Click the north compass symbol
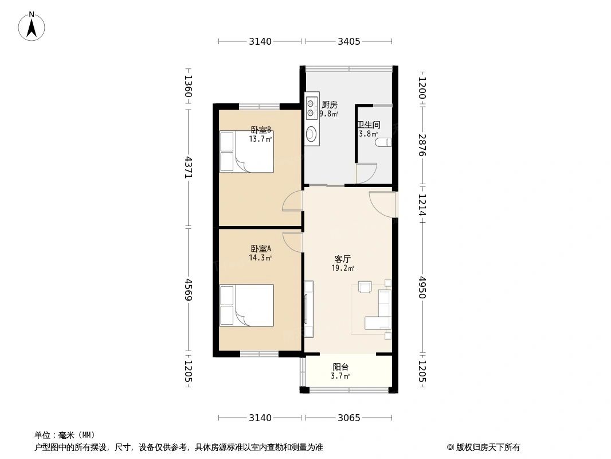pyautogui.click(x=32, y=26)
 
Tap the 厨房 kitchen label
pyautogui.click(x=329, y=104)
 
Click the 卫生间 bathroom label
pyautogui.click(x=369, y=125)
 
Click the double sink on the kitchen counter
pyautogui.click(x=311, y=108)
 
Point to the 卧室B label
pyautogui.click(x=261, y=130)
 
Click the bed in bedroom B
pyautogui.click(x=246, y=151)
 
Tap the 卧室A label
pyautogui.click(x=261, y=248)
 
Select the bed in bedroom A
pyautogui.click(x=246, y=305)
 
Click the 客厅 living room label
pyautogui.click(x=343, y=259)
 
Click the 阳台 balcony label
pyautogui.click(x=340, y=367)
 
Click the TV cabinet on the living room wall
pyautogui.click(x=309, y=309)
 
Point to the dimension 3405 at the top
pyautogui.click(x=348, y=41)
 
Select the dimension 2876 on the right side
pyautogui.click(x=422, y=145)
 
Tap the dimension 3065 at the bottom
pyautogui.click(x=348, y=418)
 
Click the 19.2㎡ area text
pyautogui.click(x=343, y=268)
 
